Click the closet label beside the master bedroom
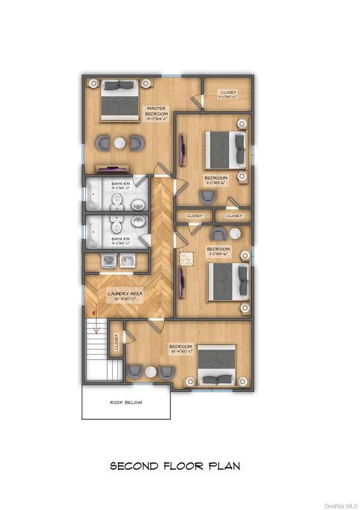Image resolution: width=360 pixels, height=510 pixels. click(228, 95)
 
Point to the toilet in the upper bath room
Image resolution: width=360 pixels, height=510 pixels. click(117, 201)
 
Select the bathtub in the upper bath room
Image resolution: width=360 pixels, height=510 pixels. click(93, 195)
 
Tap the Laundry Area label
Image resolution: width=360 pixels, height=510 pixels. click(124, 296)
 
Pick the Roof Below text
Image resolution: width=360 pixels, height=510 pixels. click(125, 402)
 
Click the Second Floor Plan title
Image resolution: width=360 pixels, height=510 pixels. click(176, 466)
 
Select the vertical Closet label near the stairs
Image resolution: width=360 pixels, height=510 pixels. click(116, 343)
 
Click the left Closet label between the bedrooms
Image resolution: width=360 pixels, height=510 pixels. click(195, 216)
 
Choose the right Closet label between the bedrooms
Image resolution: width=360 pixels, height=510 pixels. click(234, 216)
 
